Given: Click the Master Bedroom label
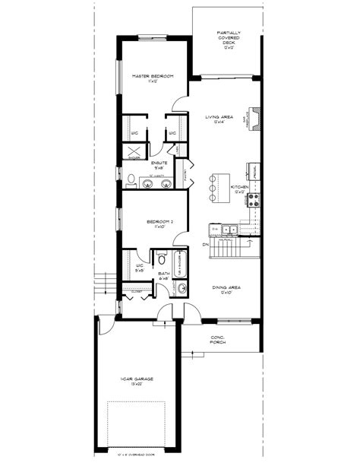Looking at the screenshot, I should click(153, 78).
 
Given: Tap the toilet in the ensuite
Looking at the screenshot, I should click(130, 180).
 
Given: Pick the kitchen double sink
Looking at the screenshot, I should click(229, 229).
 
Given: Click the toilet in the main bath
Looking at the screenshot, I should click(160, 256).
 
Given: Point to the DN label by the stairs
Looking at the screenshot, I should click(205, 245).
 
